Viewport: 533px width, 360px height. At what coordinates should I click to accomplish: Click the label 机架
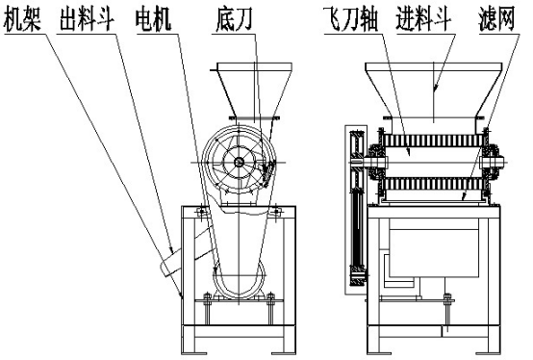tap(22, 19)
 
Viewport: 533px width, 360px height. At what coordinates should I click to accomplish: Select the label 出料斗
tap(87, 19)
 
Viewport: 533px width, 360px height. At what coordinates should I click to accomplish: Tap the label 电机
tap(153, 19)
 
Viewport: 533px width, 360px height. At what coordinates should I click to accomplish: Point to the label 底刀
tap(234, 19)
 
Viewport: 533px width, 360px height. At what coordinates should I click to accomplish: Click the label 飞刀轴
tap(351, 19)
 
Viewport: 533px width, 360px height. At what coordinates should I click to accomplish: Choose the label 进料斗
tap(423, 19)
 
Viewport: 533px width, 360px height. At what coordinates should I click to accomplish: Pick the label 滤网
tap(496, 19)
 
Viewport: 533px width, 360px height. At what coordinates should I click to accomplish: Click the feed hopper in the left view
tap(254, 90)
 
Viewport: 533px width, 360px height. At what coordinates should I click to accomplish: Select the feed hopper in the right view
tap(433, 90)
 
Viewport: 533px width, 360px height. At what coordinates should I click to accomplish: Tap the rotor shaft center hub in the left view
tap(239, 162)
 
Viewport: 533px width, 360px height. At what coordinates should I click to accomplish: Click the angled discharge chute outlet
tap(170, 264)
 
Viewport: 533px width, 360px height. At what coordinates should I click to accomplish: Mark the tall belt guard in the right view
tap(356, 210)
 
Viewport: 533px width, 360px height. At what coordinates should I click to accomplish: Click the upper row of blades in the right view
tap(433, 141)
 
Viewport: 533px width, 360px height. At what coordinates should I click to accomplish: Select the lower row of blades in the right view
tap(433, 184)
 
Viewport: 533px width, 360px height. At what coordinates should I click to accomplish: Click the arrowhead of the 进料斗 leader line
tap(435, 89)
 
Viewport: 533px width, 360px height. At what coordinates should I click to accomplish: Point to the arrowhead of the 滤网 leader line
tap(463, 196)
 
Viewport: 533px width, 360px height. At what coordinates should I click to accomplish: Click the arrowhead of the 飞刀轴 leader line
tap(409, 151)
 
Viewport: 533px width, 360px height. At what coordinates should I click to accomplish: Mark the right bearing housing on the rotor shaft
tap(492, 162)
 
